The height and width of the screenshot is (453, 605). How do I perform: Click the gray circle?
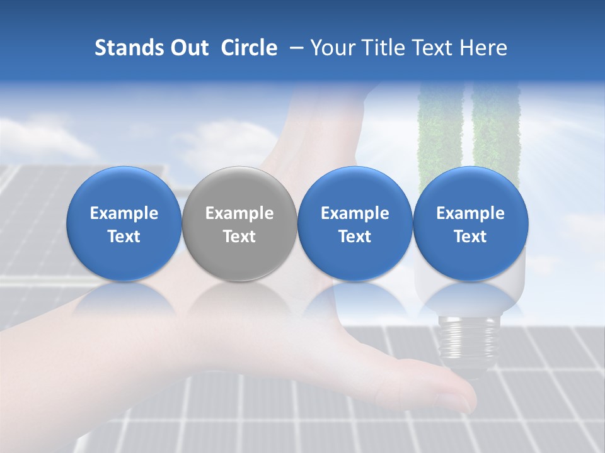coord(239,223)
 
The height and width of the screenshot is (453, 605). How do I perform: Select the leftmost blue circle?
coord(124,223)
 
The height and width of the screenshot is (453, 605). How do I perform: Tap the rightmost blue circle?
coord(470,223)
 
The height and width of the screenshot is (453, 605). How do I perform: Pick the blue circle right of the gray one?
coord(355,223)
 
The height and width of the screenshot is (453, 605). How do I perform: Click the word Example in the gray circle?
coord(239,213)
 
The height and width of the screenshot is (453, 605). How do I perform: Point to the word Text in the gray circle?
coord(239,237)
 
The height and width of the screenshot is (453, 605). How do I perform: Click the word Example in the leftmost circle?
coord(124,213)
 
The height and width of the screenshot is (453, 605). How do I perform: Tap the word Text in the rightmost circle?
coord(470,237)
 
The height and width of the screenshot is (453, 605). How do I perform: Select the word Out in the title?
coord(186,48)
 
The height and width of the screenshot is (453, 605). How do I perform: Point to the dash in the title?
coord(294,48)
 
